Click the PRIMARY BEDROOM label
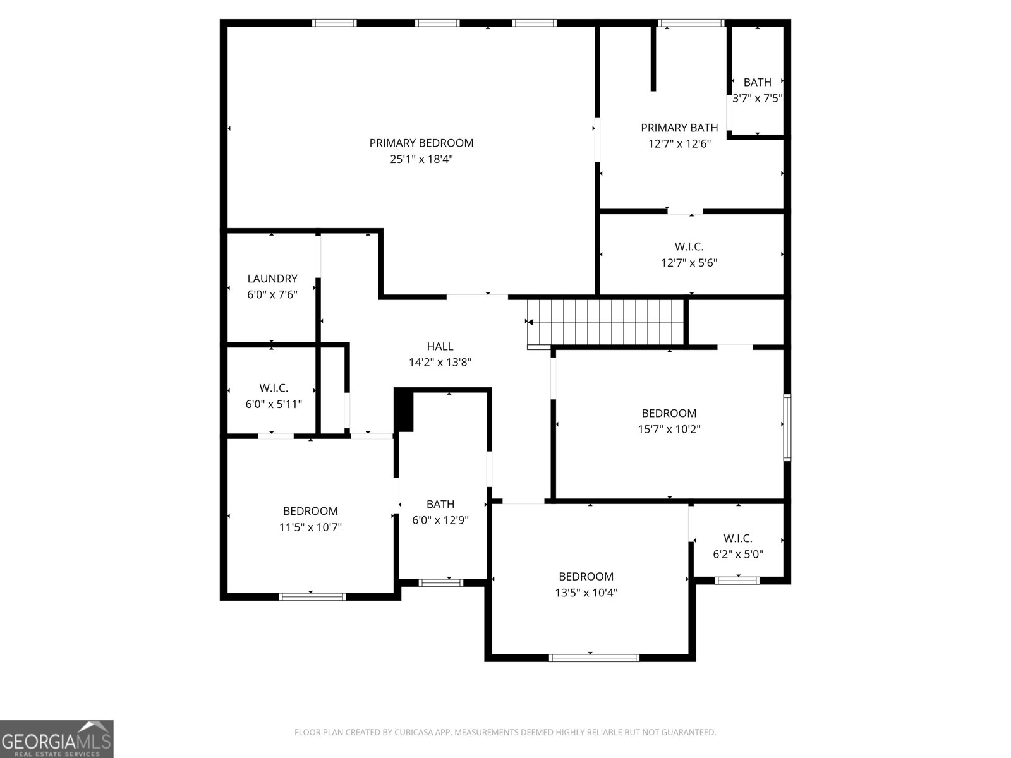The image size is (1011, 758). coord(421,143)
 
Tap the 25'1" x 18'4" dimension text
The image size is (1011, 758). coord(421,159)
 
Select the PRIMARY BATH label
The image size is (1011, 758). coord(679,128)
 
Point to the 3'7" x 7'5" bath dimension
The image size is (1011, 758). coord(757,99)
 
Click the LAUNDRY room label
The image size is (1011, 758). coord(272,279)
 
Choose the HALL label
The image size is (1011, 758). coord(440,346)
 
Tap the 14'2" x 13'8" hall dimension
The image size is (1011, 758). coord(440,363)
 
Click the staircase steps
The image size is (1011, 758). coord(606,322)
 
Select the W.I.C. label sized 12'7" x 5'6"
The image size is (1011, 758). coord(689,247)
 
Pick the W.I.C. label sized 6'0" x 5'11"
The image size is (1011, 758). coord(274,388)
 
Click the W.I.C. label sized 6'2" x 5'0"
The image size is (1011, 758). coord(738,538)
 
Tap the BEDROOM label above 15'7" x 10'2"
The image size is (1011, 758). coord(669,413)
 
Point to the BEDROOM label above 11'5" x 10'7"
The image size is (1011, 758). coord(310,511)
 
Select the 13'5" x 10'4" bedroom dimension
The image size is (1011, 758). coord(586,593)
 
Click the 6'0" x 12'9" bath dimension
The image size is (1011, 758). coord(440,520)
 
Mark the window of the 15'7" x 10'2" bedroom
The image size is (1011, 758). coord(787,428)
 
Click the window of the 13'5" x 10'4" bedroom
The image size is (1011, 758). coord(594,658)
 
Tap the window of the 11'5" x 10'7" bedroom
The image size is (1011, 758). coord(312,597)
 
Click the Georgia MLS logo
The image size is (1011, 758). coord(57,739)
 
